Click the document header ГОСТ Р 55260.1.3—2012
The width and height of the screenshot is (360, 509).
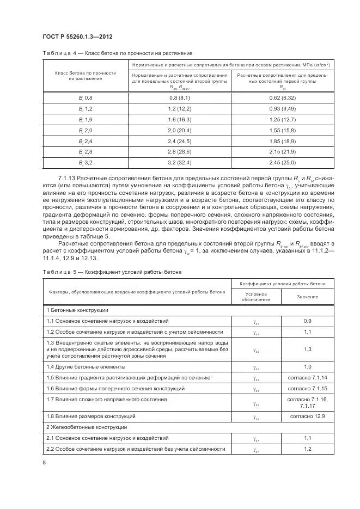pos(78,35)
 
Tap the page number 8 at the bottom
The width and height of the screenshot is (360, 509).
pos(44,462)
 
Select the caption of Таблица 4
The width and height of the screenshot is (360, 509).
pos(117,53)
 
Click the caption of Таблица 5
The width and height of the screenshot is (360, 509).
pos(112,271)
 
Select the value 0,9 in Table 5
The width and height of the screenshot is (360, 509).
pos(307,321)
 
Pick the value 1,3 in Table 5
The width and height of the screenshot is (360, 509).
pos(307,349)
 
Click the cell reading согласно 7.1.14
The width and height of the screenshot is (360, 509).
pos(307,377)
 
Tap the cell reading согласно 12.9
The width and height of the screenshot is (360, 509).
pos(307,416)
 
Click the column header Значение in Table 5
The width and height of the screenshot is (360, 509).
pos(307,297)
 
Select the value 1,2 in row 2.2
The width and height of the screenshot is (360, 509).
pos(307,449)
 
